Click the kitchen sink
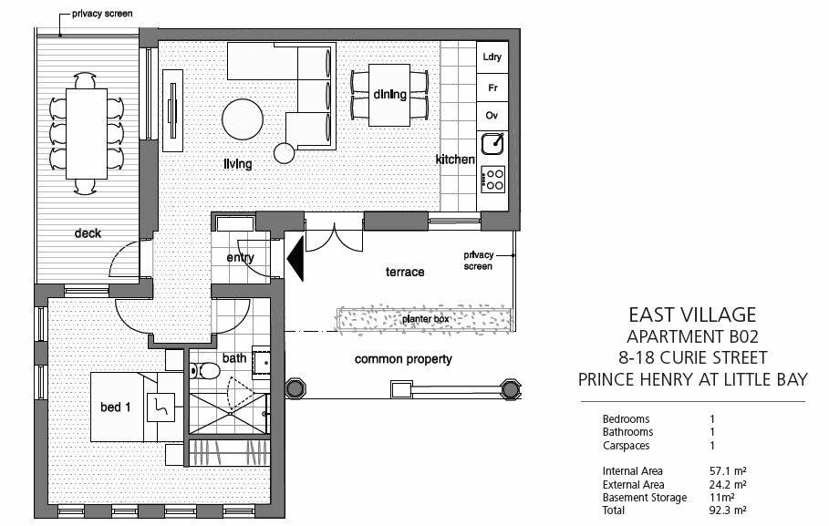(x=492, y=144)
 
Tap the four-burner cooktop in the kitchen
(x=492, y=180)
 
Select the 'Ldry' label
(x=492, y=57)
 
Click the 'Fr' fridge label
(x=492, y=88)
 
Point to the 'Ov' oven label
(x=492, y=115)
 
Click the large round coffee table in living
(x=243, y=119)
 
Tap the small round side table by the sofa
(x=284, y=153)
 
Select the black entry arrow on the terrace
(x=295, y=259)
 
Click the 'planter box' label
(x=425, y=319)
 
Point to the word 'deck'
(x=88, y=233)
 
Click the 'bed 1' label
(x=115, y=407)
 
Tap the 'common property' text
(x=403, y=359)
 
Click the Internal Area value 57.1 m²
(x=728, y=471)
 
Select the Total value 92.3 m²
(x=728, y=511)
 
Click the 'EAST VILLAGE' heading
(x=692, y=315)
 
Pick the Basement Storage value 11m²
(x=721, y=498)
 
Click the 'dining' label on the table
(x=389, y=95)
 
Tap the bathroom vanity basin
(x=261, y=363)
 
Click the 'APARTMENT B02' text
(x=692, y=336)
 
